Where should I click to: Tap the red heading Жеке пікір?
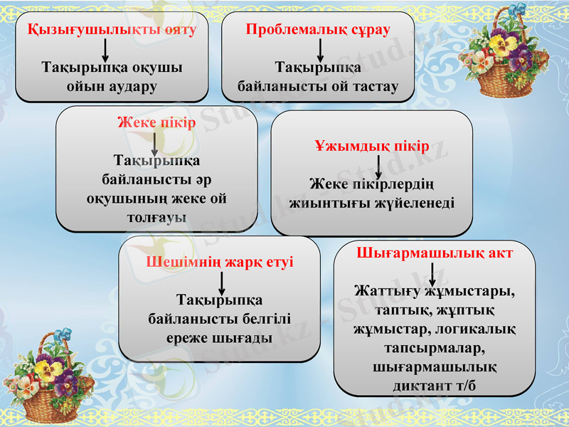click(156, 122)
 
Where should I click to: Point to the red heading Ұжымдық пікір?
click(372, 147)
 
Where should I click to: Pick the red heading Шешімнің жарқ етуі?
click(220, 261)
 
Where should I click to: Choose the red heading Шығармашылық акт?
click(435, 253)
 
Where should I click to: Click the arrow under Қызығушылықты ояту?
click(105, 49)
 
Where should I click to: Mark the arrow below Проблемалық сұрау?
click(321, 49)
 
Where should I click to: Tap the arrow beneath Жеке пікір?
click(155, 142)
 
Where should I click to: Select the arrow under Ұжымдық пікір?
click(378, 166)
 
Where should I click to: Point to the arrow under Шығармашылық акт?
click(432, 273)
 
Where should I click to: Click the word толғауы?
click(156, 217)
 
